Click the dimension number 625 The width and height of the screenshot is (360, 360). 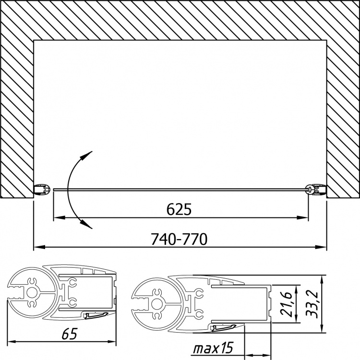(179, 209)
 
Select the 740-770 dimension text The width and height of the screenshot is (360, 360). (179, 239)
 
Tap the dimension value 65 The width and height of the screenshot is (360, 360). (70, 334)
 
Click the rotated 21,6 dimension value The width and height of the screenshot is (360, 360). (286, 304)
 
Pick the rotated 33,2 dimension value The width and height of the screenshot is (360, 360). (312, 305)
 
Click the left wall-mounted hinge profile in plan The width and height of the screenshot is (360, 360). (42, 190)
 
